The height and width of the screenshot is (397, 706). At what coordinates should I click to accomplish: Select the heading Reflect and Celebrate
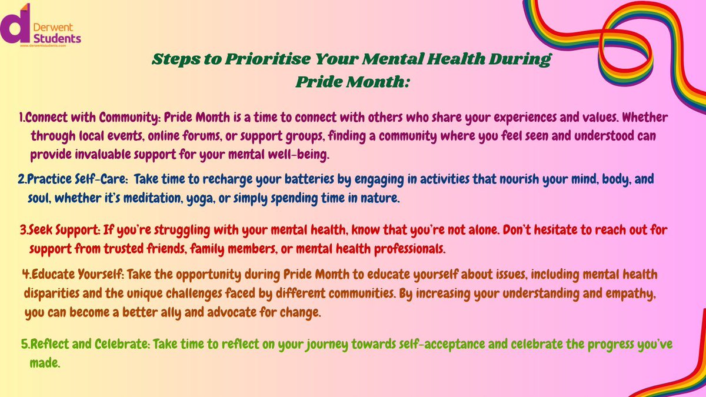click(x=86, y=345)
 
